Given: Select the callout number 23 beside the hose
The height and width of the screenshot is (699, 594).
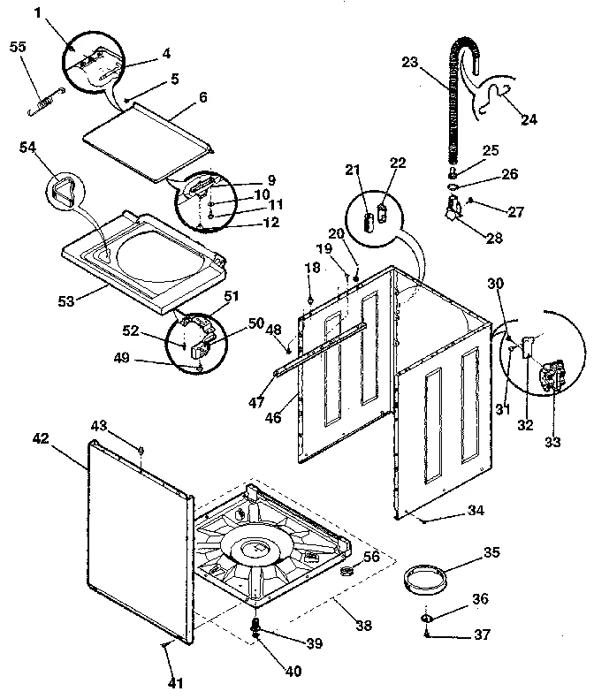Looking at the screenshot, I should [x=408, y=62].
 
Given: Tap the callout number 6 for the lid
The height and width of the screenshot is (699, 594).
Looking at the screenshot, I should [x=202, y=98].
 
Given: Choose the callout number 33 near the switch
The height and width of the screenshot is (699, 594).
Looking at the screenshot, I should [x=552, y=442].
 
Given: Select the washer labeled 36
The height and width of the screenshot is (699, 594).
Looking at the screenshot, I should [x=427, y=617].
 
